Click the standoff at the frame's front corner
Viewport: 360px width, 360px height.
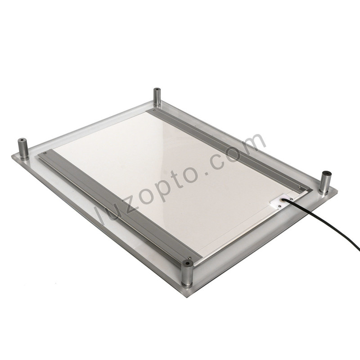187,273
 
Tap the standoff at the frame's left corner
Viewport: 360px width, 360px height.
23,149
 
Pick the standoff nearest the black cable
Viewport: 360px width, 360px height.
324,182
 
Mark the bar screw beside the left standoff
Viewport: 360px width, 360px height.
45,154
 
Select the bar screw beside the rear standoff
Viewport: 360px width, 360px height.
154,109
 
